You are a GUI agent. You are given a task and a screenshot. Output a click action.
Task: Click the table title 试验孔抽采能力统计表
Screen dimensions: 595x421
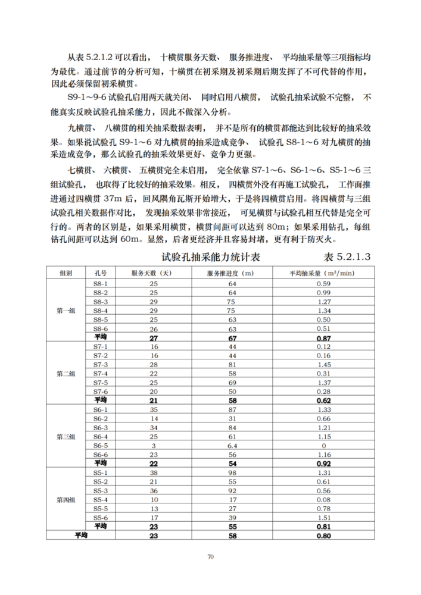click(211, 258)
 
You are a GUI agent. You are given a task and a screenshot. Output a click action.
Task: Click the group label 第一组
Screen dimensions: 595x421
click(66, 311)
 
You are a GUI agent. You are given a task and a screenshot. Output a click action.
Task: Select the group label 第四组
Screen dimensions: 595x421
click(66, 499)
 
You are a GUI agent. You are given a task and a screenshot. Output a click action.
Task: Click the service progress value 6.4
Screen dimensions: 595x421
click(232, 445)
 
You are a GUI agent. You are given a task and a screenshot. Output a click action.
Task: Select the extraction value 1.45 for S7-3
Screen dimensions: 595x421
click(323, 364)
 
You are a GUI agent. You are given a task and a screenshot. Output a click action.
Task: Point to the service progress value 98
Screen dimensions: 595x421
click(232, 472)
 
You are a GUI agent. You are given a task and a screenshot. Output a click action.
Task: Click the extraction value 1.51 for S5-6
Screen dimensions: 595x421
click(323, 517)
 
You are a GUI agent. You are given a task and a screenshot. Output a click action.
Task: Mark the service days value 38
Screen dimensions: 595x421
click(153, 472)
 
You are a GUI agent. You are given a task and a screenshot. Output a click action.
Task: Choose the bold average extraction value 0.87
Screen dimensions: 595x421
click(323, 337)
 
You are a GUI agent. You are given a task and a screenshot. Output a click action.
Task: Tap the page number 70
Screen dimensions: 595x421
click(210, 556)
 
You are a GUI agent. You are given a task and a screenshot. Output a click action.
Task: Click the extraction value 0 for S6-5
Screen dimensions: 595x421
click(323, 445)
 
